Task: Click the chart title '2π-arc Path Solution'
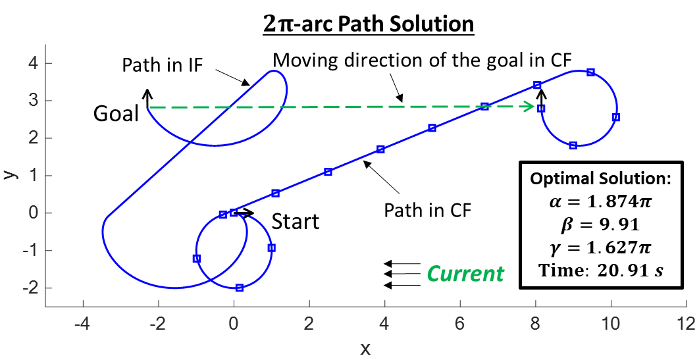[x=368, y=24]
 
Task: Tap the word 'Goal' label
[x=116, y=113]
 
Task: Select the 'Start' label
[x=296, y=221]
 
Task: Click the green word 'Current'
[x=465, y=273]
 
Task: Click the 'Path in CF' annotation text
[x=428, y=211]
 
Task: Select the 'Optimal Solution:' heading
[x=601, y=179]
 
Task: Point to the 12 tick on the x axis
[x=686, y=324]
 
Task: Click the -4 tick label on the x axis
[x=83, y=324]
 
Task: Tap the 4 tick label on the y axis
[x=31, y=64]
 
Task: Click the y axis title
[x=9, y=174]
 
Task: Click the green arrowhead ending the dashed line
[x=531, y=106]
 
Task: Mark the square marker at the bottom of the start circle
[x=240, y=288]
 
